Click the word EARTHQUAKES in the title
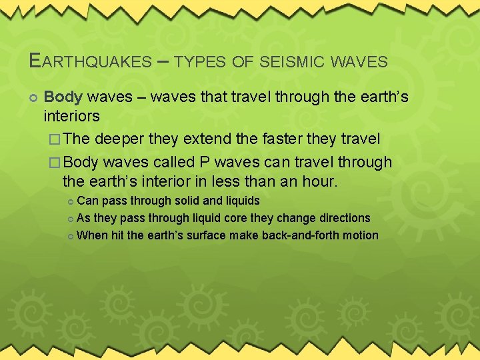(x=91, y=61)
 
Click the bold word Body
(x=63, y=97)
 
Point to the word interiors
(x=71, y=117)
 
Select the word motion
(x=361, y=235)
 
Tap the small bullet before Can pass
(x=71, y=201)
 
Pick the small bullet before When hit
(x=71, y=236)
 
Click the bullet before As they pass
(x=71, y=219)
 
